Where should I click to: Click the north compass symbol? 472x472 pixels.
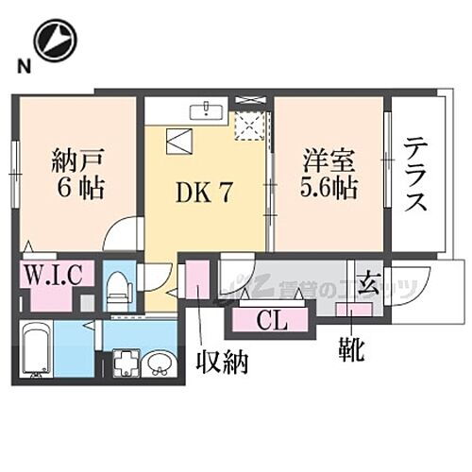click(x=53, y=40)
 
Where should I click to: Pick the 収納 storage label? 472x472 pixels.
click(x=222, y=361)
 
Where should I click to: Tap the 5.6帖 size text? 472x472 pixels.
click(x=329, y=187)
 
